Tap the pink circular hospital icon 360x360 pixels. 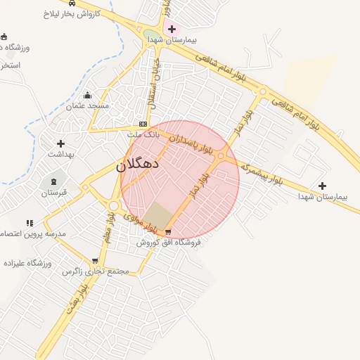tap(172, 29)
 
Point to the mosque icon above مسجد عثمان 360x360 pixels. tap(87, 95)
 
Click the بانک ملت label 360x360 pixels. tap(143, 133)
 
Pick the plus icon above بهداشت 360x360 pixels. tap(60, 143)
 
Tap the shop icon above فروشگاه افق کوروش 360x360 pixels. tap(169, 231)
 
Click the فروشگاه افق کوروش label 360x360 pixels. tap(169, 242)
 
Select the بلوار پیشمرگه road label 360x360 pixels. tap(262, 174)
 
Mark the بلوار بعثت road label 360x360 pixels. tap(84, 300)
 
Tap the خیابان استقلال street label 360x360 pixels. tap(157, 79)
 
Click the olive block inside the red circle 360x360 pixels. tap(159, 215)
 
